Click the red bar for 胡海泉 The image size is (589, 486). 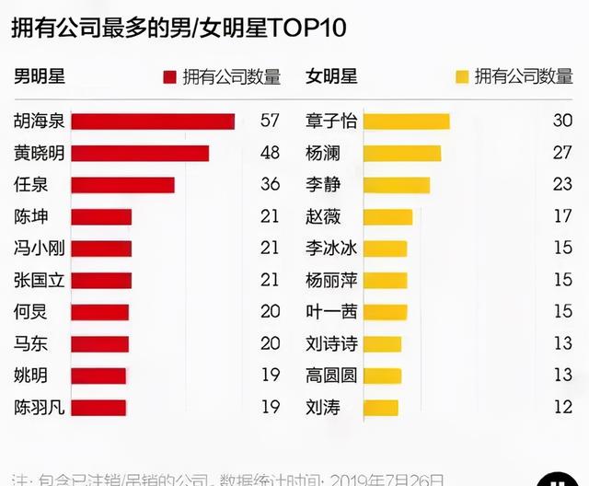point(153,121)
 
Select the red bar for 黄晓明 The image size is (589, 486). point(140,153)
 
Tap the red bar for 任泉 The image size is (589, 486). point(122,185)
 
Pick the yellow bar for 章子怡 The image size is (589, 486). point(406,121)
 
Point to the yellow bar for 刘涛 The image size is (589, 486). point(381,407)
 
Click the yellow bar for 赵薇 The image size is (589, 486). point(387,217)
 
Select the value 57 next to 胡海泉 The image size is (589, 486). point(270,121)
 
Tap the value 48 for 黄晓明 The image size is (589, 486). point(270,153)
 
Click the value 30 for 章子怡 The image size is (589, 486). point(562,121)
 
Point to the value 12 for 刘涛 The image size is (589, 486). point(562,407)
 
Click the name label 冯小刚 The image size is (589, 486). point(39,249)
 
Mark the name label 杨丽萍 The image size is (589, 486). point(331,280)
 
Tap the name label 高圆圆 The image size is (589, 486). point(331,376)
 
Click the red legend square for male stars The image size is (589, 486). point(169,77)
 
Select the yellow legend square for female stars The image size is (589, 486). point(462,77)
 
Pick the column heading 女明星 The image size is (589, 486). point(331,76)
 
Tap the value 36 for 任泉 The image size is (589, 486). point(270,185)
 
